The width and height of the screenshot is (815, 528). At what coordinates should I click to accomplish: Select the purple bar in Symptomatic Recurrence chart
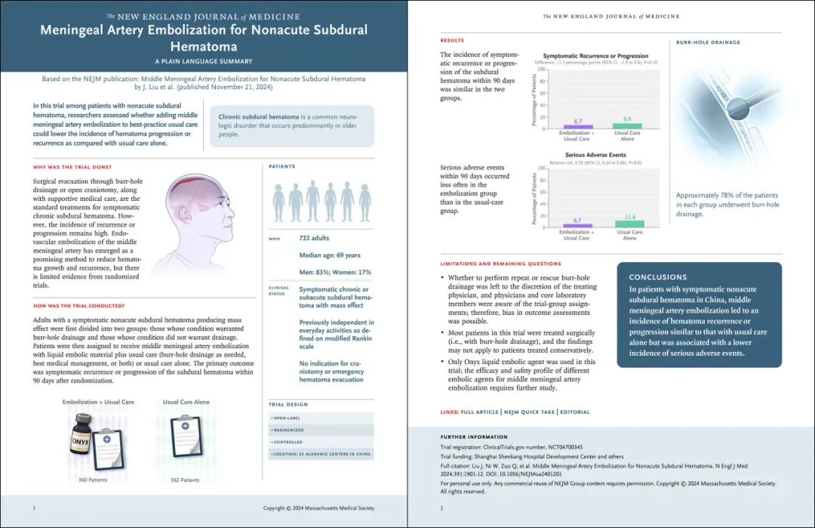click(x=577, y=127)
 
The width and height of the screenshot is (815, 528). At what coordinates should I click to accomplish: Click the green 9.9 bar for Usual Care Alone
click(x=628, y=125)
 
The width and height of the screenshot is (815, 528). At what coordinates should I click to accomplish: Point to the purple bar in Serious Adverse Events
click(x=577, y=225)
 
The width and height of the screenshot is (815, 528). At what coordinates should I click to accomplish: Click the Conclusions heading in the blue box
click(x=658, y=277)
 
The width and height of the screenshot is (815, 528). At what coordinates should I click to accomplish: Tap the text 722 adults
click(x=315, y=239)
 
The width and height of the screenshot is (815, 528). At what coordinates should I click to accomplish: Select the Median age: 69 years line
click(x=330, y=255)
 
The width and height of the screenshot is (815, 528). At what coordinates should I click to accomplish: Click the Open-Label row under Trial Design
click(x=288, y=417)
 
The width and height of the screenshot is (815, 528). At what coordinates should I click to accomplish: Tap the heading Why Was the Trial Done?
click(x=72, y=166)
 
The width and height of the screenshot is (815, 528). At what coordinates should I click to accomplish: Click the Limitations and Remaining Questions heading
click(x=500, y=264)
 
